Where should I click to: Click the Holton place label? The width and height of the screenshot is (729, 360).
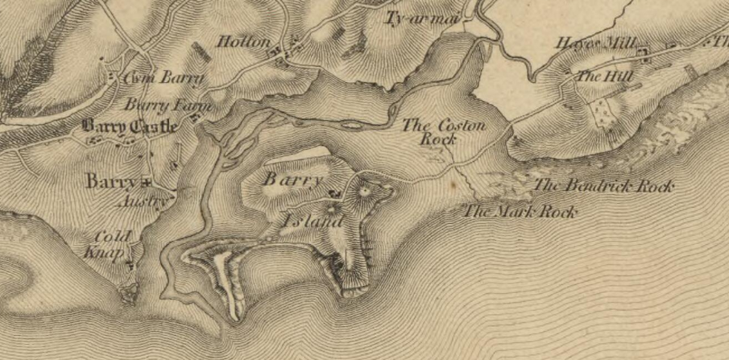pyautogui.click(x=243, y=42)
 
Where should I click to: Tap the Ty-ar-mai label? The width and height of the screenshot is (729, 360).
pyautogui.click(x=416, y=17)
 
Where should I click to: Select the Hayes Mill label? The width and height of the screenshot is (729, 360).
pyautogui.click(x=592, y=43)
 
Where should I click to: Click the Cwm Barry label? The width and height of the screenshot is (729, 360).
pyautogui.click(x=163, y=79)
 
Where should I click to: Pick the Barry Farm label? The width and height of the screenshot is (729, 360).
pyautogui.click(x=168, y=106)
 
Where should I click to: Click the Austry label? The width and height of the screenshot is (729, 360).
pyautogui.click(x=144, y=201)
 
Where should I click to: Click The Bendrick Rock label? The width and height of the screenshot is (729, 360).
pyautogui.click(x=603, y=186)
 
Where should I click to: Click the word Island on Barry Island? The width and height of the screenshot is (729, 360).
pyautogui.click(x=313, y=221)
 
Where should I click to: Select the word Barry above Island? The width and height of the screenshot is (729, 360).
pyautogui.click(x=293, y=179)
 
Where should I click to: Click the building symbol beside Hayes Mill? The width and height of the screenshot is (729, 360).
pyautogui.click(x=643, y=53)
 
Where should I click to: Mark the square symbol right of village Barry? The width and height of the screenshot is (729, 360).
pyautogui.click(x=146, y=181)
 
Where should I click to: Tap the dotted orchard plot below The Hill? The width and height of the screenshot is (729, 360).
pyautogui.click(x=600, y=112)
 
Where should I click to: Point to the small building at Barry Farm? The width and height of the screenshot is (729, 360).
pyautogui.click(x=195, y=118)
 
